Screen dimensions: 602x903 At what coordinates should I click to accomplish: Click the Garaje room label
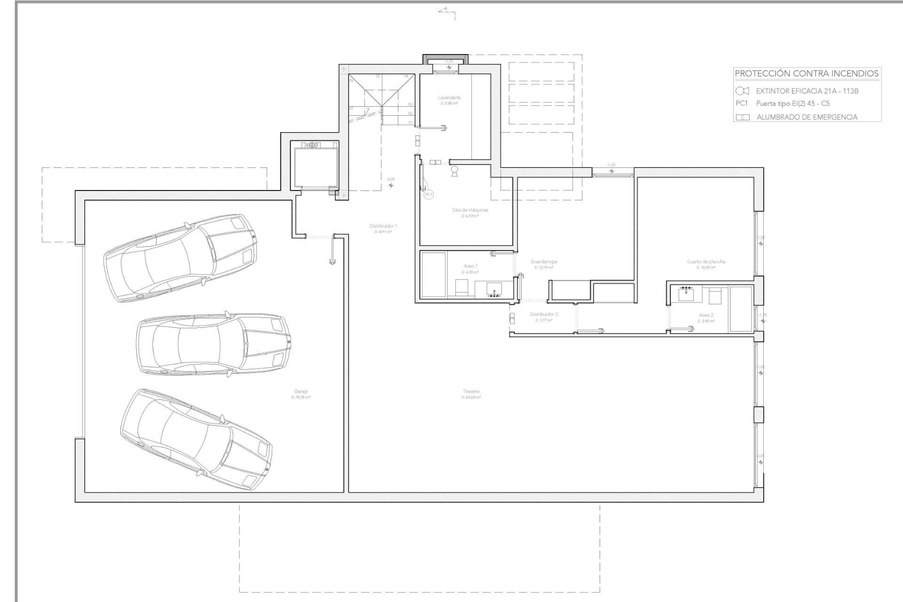click(301, 391)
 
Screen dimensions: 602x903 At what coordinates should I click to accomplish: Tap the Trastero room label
click(471, 391)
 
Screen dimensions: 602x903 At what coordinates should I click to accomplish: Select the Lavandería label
click(449, 98)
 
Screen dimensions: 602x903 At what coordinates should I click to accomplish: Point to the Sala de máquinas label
click(470, 210)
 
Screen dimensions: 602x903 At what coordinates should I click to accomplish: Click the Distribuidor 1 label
click(383, 226)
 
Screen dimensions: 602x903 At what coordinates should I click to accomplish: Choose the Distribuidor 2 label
click(544, 314)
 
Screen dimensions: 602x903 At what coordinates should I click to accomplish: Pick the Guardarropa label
click(544, 261)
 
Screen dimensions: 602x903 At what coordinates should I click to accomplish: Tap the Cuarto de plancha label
click(706, 261)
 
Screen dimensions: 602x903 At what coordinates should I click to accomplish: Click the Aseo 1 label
click(470, 266)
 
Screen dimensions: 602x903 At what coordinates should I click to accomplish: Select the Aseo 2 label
click(706, 315)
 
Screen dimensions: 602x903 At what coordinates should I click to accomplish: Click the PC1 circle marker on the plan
click(428, 194)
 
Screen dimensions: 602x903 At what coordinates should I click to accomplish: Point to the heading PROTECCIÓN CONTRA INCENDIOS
click(807, 74)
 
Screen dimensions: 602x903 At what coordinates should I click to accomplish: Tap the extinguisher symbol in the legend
click(742, 91)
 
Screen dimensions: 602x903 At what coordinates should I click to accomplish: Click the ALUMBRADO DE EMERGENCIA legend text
click(807, 117)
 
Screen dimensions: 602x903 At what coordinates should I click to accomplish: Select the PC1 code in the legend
click(742, 103)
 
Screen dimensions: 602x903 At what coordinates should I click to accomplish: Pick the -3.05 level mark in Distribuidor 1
click(390, 183)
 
